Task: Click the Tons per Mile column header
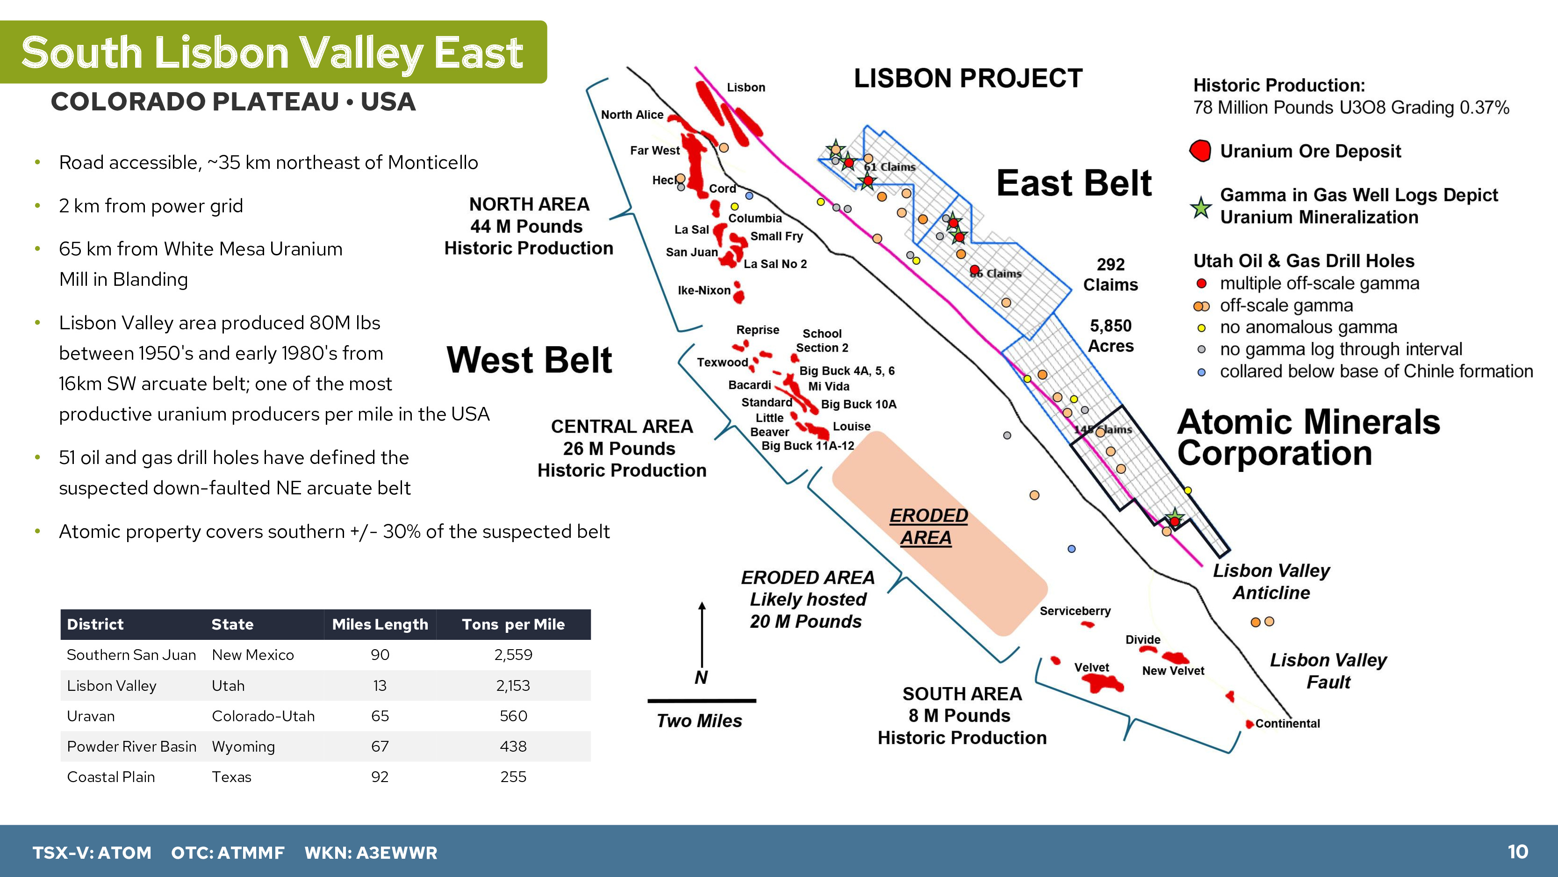pyautogui.click(x=513, y=624)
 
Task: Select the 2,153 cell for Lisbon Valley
pyautogui.click(x=513, y=685)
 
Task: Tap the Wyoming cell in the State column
pyautogui.click(x=243, y=746)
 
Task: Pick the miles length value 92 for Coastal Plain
pyautogui.click(x=380, y=776)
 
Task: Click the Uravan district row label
pyautogui.click(x=91, y=716)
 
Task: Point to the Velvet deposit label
pyautogui.click(x=1091, y=667)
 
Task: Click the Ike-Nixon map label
pyautogui.click(x=704, y=290)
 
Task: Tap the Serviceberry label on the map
pyautogui.click(x=1075, y=611)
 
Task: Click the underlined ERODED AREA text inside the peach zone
pyautogui.click(x=928, y=526)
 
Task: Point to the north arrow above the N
pyautogui.click(x=702, y=634)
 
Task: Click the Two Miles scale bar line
pyautogui.click(x=702, y=701)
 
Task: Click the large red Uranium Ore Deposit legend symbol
pyautogui.click(x=1200, y=151)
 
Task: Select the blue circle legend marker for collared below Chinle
pyautogui.click(x=1202, y=372)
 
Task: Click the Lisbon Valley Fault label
pyautogui.click(x=1328, y=671)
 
